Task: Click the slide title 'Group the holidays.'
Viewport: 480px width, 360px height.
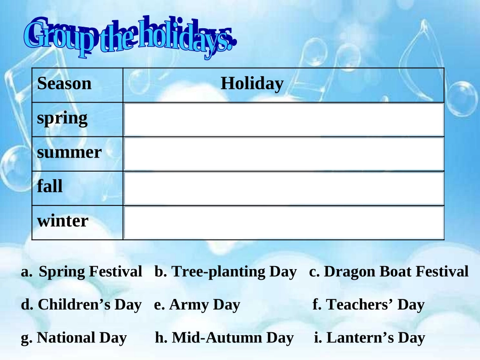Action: click(130, 37)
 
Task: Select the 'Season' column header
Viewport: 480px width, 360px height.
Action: click(64, 83)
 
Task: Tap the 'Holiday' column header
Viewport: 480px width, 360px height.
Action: click(252, 83)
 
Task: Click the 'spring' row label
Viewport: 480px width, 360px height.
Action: click(62, 119)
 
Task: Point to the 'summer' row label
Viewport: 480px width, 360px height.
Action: click(69, 152)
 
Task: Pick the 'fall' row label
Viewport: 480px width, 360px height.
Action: click(50, 186)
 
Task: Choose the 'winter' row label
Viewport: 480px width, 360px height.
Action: click(63, 221)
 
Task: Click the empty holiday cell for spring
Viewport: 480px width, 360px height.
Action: click(284, 120)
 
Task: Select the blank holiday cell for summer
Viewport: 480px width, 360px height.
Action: click(284, 154)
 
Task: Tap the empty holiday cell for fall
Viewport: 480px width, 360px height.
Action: click(284, 188)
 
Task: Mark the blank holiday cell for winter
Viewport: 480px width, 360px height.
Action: click(284, 223)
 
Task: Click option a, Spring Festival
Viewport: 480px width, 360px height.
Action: click(81, 271)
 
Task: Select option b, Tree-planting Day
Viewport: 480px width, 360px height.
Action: click(226, 272)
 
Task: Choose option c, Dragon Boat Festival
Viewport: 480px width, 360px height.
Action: click(389, 271)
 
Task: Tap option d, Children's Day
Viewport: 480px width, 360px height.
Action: click(81, 304)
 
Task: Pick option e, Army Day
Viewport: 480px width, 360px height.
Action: click(197, 305)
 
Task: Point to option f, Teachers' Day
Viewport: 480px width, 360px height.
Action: click(368, 304)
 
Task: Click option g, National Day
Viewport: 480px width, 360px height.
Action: click(74, 338)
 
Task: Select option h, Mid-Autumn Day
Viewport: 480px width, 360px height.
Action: click(224, 338)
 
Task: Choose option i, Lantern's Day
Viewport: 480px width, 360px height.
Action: click(370, 338)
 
